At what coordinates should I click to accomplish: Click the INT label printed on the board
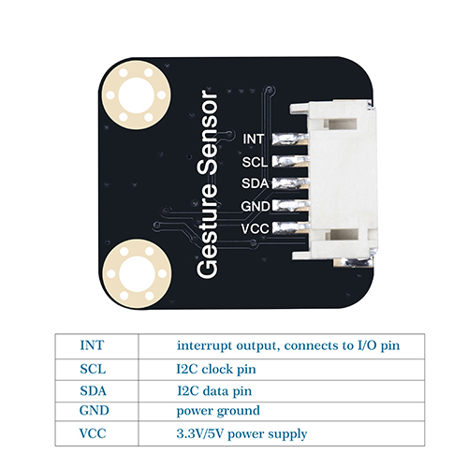pyautogui.click(x=254, y=139)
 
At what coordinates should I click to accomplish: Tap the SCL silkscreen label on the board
pyautogui.click(x=255, y=162)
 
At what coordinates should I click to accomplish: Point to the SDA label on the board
pyautogui.click(x=256, y=183)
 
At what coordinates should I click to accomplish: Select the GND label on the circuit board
pyautogui.click(x=256, y=206)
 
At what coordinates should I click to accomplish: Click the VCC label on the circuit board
pyautogui.click(x=256, y=228)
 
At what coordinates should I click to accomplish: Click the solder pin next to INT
pyautogui.click(x=290, y=139)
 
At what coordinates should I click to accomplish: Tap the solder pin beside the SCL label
pyautogui.click(x=290, y=161)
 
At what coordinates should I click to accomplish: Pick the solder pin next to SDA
pyautogui.click(x=290, y=183)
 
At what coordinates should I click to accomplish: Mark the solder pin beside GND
pyautogui.click(x=290, y=206)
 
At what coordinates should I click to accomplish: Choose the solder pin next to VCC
pyautogui.click(x=291, y=227)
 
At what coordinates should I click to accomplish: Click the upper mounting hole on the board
pyautogui.click(x=137, y=95)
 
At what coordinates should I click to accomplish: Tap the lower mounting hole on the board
pyautogui.click(x=137, y=273)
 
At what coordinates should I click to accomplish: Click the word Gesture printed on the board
pyautogui.click(x=207, y=230)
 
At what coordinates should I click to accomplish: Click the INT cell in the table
pyautogui.click(x=92, y=345)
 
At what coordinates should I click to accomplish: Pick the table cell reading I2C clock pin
pyautogui.click(x=216, y=370)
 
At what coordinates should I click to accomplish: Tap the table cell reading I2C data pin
pyautogui.click(x=214, y=391)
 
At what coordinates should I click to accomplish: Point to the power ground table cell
pyautogui.click(x=218, y=411)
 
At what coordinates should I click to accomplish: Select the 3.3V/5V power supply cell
pyautogui.click(x=241, y=433)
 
